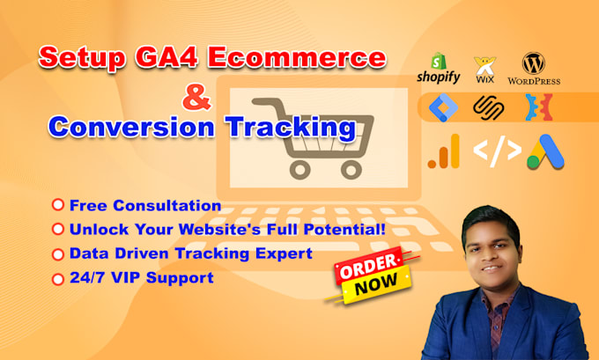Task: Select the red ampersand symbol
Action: click(x=203, y=97)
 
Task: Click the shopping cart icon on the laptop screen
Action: click(x=303, y=138)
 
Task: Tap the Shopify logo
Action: click(x=439, y=70)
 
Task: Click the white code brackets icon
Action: click(x=497, y=152)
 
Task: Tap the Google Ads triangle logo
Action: click(x=544, y=151)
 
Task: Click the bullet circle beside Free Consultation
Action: click(x=57, y=205)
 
